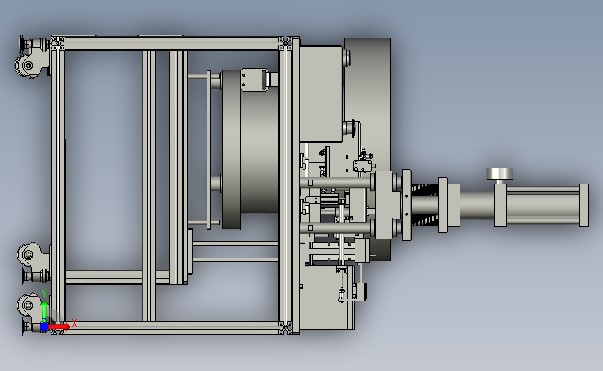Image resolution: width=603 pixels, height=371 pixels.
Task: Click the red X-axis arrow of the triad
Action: point(58,326)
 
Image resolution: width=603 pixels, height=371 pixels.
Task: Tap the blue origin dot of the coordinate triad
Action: point(44,326)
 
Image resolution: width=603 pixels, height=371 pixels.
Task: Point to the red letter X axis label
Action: point(74,323)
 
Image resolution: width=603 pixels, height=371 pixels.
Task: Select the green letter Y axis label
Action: point(44,294)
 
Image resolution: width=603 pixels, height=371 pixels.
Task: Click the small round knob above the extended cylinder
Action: point(499,173)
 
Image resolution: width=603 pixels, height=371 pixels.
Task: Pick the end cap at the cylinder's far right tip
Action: point(584,205)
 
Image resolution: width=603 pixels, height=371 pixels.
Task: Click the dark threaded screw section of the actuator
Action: point(425,204)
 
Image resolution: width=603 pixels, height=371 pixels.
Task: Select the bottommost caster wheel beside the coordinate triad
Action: point(27,306)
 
